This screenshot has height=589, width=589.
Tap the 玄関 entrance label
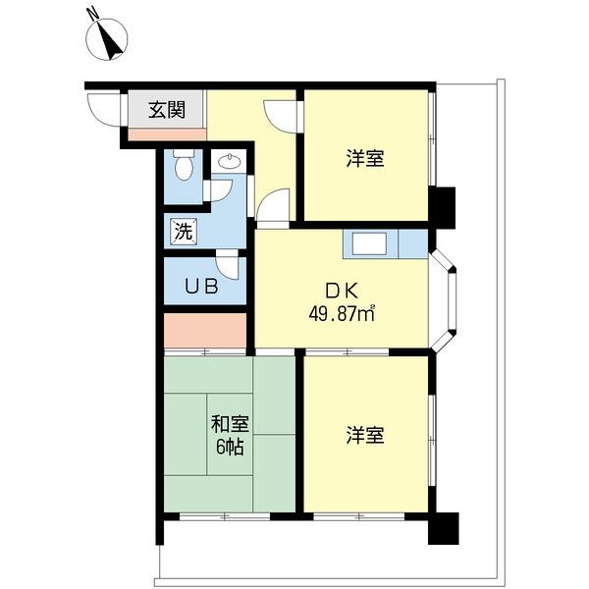tap(167, 109)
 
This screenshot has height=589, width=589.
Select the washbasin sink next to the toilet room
tap(230, 163)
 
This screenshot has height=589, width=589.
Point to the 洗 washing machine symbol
tap(183, 233)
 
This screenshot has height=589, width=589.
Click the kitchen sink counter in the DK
tap(371, 243)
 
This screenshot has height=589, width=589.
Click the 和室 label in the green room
tap(230, 425)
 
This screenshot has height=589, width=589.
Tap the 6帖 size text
tap(230, 447)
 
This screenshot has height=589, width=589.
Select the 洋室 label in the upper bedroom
tap(364, 158)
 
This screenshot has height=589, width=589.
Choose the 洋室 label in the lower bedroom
tap(364, 433)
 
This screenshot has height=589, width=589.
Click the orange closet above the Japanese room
tap(204, 330)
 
